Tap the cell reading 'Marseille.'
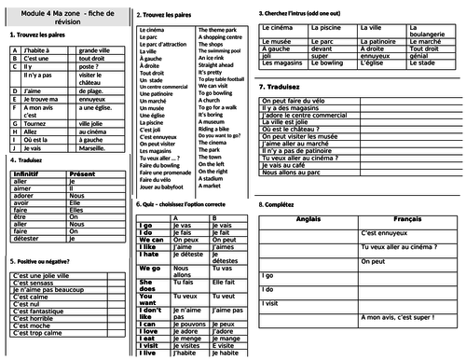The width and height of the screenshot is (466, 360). point(94,147)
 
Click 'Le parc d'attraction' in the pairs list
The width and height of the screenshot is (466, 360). point(163,44)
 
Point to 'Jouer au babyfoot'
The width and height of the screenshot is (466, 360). point(162,187)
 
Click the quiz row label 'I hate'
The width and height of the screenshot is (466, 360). point(149,255)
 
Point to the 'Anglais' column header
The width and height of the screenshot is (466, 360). point(307,217)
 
